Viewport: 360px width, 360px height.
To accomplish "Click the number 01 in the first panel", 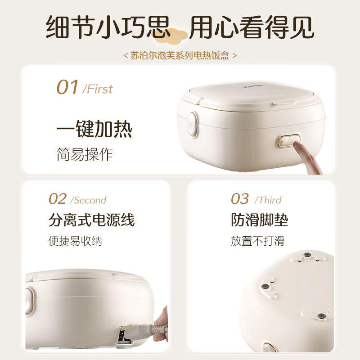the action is click(67, 87).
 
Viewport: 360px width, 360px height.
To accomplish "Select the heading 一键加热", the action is click(94, 129).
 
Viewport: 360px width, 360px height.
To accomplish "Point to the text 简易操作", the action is click(85, 154).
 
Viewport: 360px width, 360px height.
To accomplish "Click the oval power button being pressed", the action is click(288, 140).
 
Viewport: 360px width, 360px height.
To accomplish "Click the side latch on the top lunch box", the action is click(192, 124).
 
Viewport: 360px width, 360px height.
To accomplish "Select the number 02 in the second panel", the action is click(58, 199).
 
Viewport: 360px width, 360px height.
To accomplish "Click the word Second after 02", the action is click(89, 200).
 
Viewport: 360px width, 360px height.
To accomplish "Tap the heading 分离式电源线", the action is click(92, 220).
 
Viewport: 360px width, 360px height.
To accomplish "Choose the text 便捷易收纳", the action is click(75, 241).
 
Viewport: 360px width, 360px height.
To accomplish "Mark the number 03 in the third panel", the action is click(240, 199).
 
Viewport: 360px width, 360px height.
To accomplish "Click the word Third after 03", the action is click(268, 200).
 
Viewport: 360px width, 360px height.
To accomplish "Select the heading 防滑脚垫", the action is click(260, 220).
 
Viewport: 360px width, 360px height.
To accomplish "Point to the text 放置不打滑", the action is click(257, 241).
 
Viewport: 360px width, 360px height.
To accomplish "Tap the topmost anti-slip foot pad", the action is click(307, 255).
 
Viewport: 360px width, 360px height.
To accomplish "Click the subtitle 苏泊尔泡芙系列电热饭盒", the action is click(180, 55).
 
